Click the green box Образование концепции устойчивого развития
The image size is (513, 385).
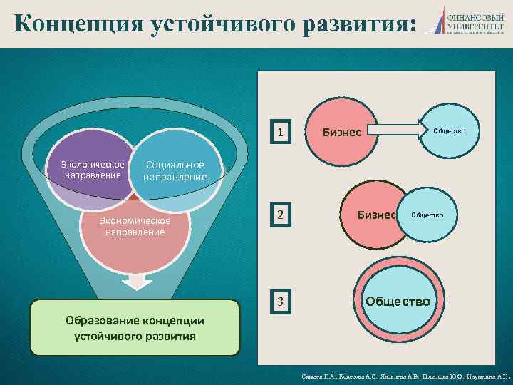tap(135, 327)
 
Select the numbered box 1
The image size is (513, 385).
tap(282, 133)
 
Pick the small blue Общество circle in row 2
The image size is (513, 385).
tap(427, 215)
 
